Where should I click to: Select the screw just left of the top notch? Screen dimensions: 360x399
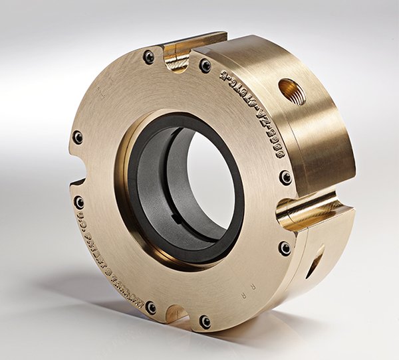(149, 57)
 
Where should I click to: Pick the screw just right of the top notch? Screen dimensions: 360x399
(205, 66)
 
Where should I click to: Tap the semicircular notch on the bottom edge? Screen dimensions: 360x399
(176, 312)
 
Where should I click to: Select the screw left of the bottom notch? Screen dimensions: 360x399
(151, 308)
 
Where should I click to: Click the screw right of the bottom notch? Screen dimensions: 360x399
(205, 321)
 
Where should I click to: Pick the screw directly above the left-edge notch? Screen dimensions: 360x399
(78, 137)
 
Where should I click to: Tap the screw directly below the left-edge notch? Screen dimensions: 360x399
(79, 203)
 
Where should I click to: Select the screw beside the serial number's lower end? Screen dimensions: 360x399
(285, 177)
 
